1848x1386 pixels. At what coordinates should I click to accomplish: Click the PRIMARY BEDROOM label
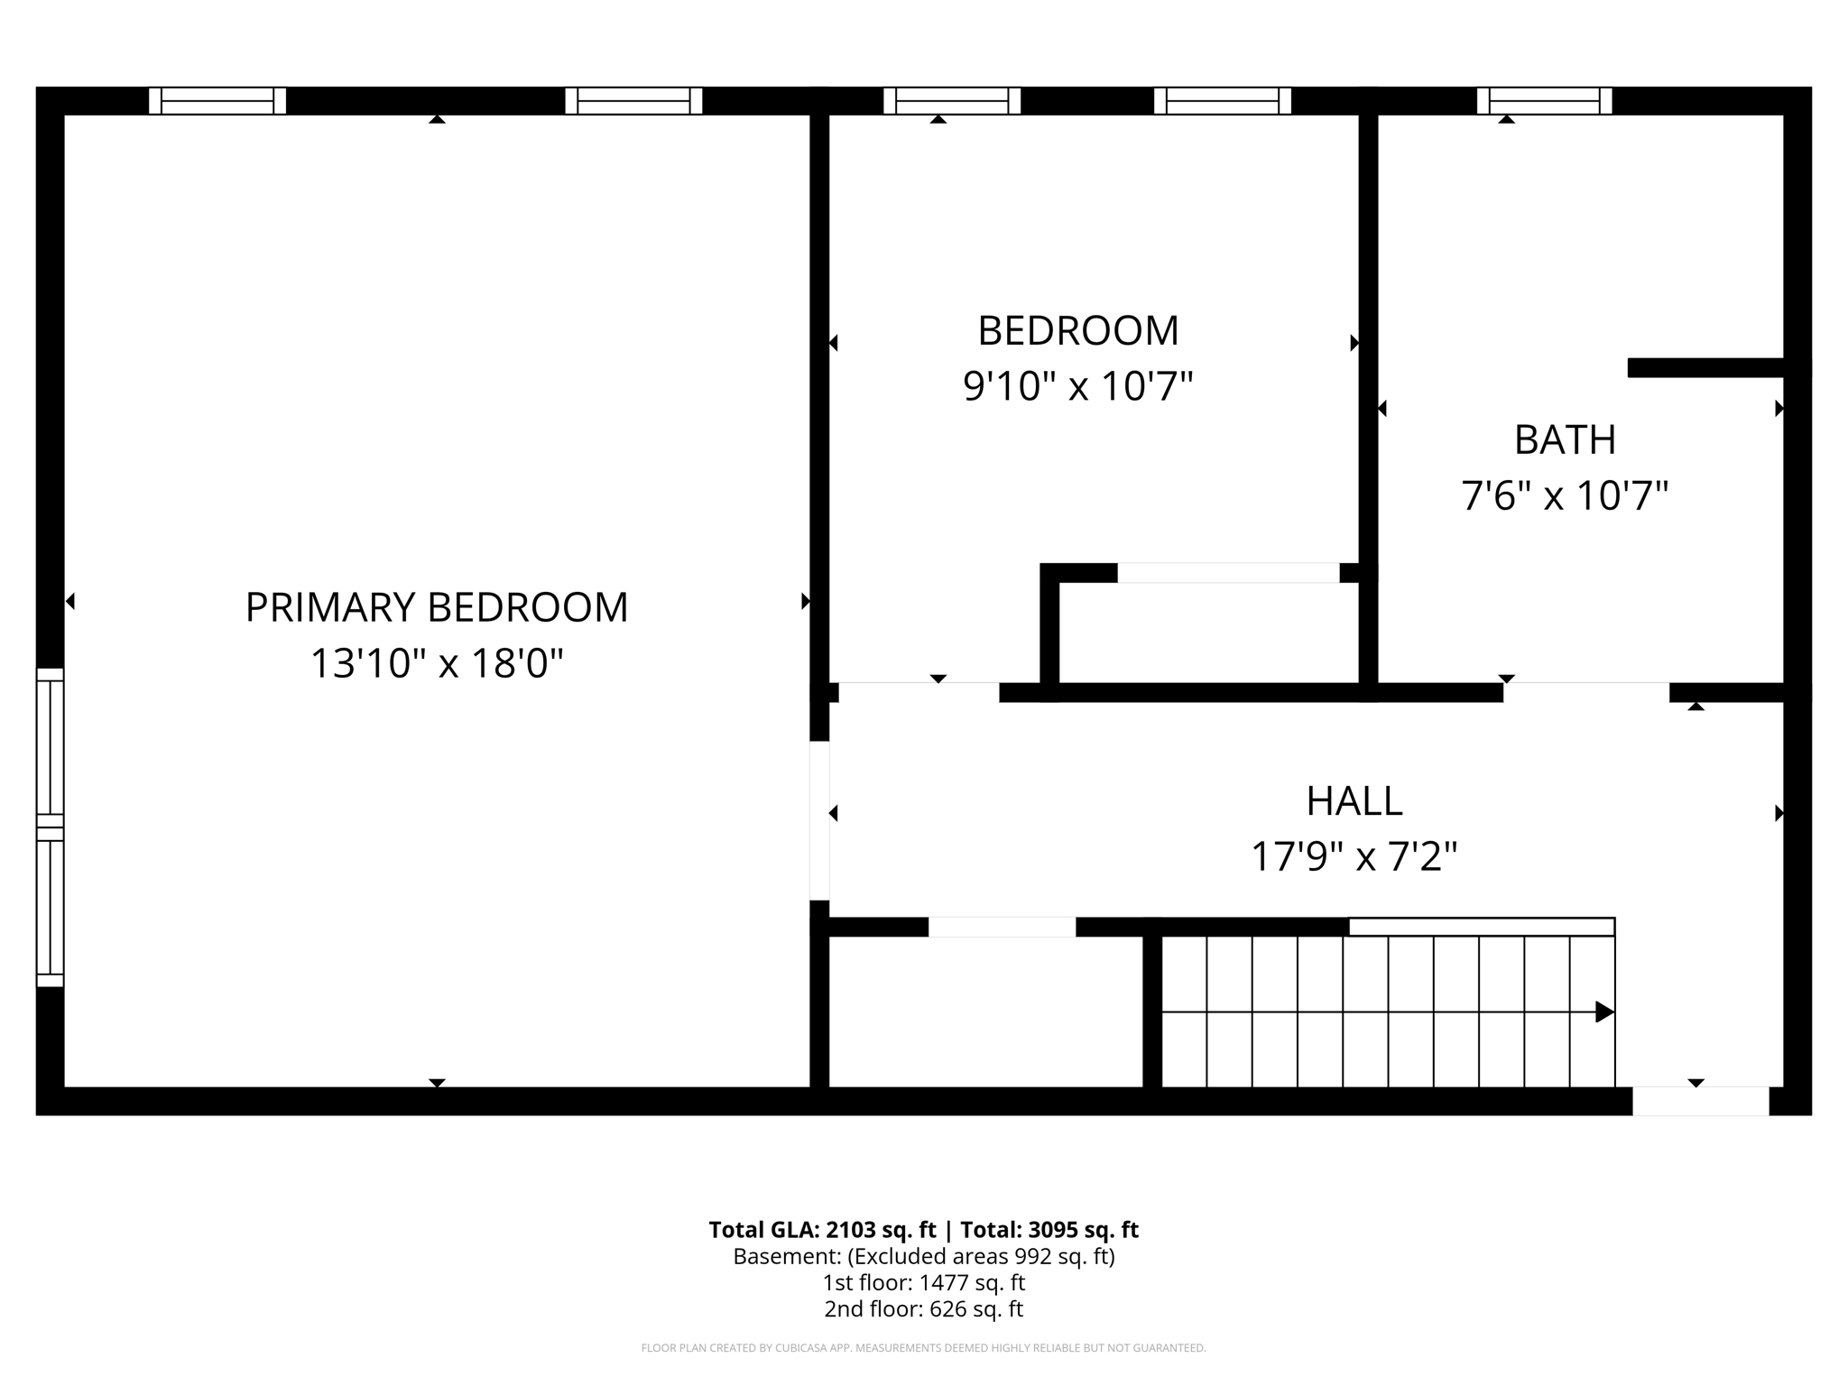point(437,607)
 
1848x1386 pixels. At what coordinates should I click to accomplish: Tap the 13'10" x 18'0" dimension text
point(437,663)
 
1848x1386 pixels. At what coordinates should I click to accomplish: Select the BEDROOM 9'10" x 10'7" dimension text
point(1077,386)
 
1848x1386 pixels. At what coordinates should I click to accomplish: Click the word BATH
point(1565,440)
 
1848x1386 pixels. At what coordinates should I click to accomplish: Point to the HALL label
point(1354,801)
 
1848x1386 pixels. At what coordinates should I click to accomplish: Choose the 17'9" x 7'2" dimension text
point(1354,856)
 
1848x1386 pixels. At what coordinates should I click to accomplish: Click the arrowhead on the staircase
point(1603,1012)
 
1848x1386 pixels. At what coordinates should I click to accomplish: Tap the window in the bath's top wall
point(1544,101)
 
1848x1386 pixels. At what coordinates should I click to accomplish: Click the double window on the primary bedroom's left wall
point(51,827)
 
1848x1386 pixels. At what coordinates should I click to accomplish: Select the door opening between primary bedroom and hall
point(819,820)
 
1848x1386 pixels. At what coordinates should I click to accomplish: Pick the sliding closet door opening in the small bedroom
point(1228,573)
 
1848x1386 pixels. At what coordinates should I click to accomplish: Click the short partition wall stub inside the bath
point(1705,368)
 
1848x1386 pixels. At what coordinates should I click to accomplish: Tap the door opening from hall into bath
point(1585,693)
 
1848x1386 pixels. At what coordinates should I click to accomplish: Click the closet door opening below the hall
point(1002,927)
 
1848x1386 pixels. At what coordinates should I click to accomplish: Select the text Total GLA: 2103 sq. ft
point(821,1230)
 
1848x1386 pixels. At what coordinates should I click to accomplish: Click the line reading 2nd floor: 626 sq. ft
point(923,1308)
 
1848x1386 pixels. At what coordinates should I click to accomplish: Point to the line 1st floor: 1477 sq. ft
point(923,1282)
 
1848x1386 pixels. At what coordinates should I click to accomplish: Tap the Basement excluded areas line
point(923,1256)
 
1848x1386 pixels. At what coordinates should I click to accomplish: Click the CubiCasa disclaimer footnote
point(923,1348)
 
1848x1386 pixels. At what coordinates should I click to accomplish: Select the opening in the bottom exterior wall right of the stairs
point(1700,1101)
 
